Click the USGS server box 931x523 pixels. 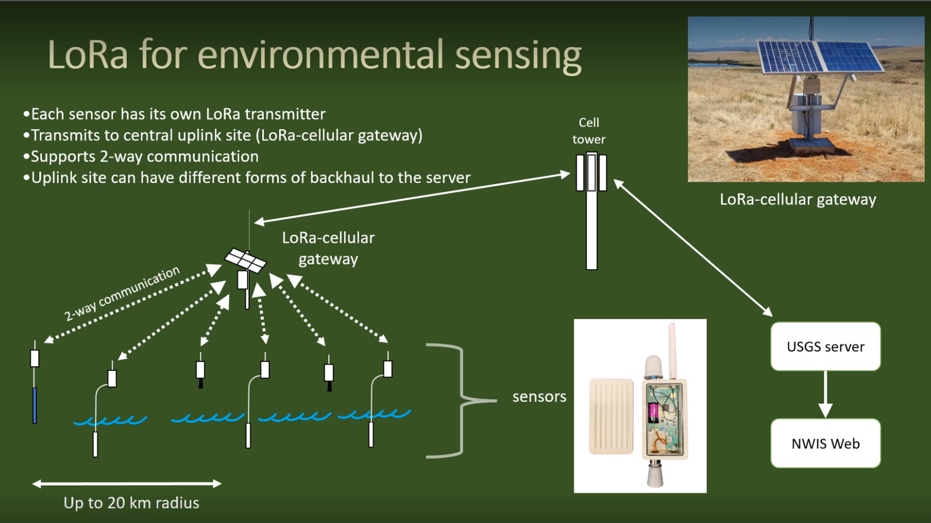(826, 346)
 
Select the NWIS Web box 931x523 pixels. (826, 443)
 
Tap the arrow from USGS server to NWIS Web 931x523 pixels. (826, 394)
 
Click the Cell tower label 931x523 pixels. (589, 131)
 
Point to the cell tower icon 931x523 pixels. (591, 211)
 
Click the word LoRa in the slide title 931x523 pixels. (88, 55)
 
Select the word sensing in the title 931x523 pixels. (518, 57)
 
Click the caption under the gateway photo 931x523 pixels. (798, 199)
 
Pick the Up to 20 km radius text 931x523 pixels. (131, 503)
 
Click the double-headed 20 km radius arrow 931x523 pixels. (127, 483)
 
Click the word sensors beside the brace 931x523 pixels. (539, 397)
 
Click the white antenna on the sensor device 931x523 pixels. (672, 351)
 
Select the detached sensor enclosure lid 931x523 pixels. (611, 416)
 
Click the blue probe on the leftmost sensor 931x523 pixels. (35, 405)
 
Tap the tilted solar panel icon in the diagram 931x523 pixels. (246, 261)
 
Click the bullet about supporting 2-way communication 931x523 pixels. (141, 157)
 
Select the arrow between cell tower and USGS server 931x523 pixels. (693, 248)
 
